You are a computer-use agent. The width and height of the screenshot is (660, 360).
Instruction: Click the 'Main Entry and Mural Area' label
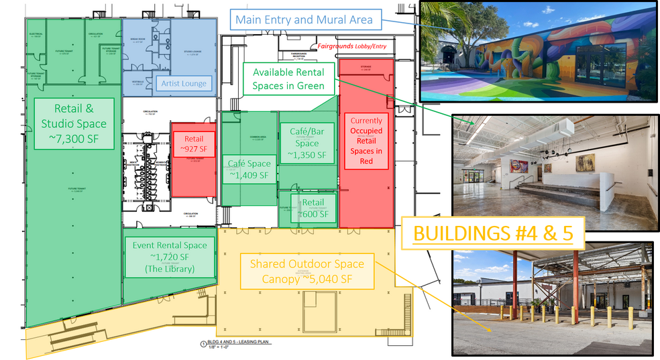pos(304,19)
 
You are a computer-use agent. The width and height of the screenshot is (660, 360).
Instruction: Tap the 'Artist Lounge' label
pos(184,84)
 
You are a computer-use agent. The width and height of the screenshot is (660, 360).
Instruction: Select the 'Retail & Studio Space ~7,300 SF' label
pos(74,123)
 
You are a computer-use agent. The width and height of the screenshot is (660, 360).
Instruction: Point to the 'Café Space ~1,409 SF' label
pos(249,170)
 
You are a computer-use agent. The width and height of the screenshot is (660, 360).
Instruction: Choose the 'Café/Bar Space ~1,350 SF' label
pos(307,143)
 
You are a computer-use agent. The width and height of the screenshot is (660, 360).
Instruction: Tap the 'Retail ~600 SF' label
pos(313,208)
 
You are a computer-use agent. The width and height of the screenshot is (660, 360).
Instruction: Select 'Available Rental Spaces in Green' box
pos(288,78)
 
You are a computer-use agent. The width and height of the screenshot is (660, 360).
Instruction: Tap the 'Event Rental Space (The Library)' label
pos(170,257)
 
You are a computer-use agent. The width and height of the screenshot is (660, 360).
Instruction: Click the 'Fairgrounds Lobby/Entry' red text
pos(347,46)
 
